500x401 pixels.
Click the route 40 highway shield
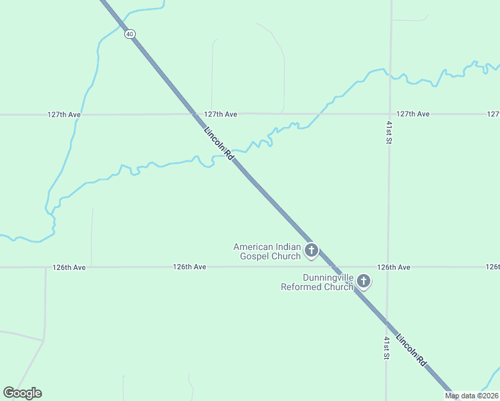(129, 34)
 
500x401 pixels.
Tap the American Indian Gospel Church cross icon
(311, 251)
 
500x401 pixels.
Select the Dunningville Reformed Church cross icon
(364, 281)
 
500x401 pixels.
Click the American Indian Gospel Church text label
(267, 251)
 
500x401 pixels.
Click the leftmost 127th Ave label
(64, 114)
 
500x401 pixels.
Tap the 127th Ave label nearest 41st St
(412, 114)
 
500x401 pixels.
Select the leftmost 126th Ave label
(70, 267)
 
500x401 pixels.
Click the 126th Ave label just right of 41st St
(393, 267)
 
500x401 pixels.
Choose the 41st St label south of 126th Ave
(386, 348)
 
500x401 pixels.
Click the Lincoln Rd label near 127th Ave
(219, 143)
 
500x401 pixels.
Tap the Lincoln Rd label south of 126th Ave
(411, 350)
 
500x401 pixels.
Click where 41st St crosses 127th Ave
(390, 114)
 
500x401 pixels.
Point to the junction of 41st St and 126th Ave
(388, 267)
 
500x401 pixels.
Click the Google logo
(22, 393)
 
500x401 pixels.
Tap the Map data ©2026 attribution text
(471, 396)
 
